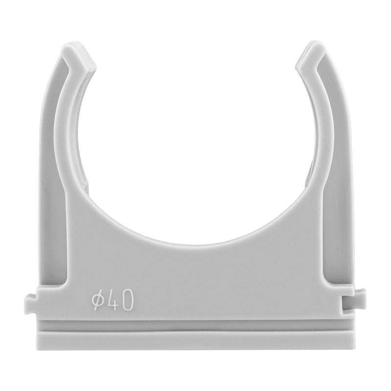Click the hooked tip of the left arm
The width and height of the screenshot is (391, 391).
(79, 57)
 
